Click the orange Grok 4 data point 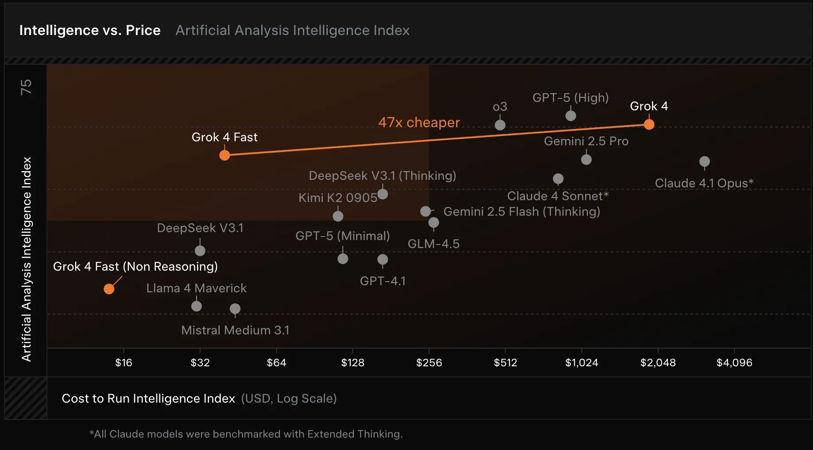tap(649, 124)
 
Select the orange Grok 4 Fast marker tap(225, 155)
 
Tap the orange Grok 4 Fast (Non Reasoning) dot tap(109, 289)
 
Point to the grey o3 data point tap(500, 125)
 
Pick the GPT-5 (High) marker tap(571, 116)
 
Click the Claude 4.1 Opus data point tap(704, 162)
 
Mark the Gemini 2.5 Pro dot tap(586, 159)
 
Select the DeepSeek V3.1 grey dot tap(200, 251)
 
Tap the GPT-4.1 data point tap(383, 260)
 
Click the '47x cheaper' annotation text tap(419, 122)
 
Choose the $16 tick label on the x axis tap(124, 363)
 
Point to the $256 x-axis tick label tap(429, 363)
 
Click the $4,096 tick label tap(734, 363)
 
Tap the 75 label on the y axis tap(26, 87)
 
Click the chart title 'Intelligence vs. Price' tap(90, 30)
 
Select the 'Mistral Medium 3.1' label tap(235, 330)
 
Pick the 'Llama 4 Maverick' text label tap(196, 288)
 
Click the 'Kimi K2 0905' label tap(337, 198)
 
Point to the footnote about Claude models tap(246, 434)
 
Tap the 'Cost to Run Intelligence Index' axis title tap(148, 399)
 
